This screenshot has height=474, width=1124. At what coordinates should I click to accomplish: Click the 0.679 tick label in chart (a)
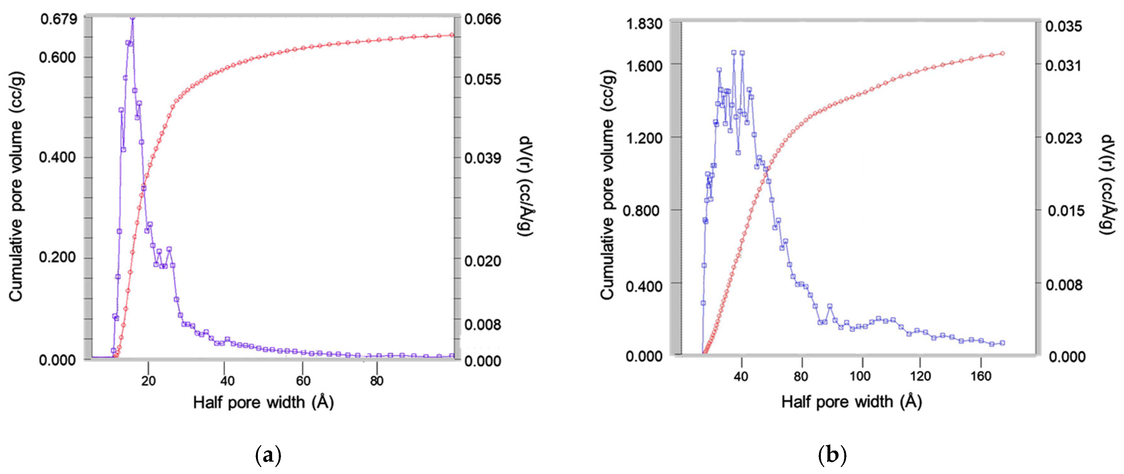tap(59, 19)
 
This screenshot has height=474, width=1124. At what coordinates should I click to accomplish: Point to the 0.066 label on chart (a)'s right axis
tap(482, 19)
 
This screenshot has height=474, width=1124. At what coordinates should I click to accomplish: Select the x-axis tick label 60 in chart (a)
tap(303, 381)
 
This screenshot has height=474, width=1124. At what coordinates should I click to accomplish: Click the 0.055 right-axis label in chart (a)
tap(482, 79)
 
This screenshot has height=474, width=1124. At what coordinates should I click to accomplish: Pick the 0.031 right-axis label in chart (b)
tap(1063, 66)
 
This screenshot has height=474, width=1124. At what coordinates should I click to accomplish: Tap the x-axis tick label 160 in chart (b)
tap(981, 376)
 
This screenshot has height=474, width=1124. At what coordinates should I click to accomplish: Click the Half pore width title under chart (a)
tap(263, 402)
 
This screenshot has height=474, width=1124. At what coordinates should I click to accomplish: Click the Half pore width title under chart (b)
tap(851, 401)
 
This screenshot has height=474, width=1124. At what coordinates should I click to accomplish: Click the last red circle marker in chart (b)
tap(1002, 53)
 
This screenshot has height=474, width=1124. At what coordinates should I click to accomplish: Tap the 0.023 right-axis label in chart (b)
tap(1063, 139)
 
